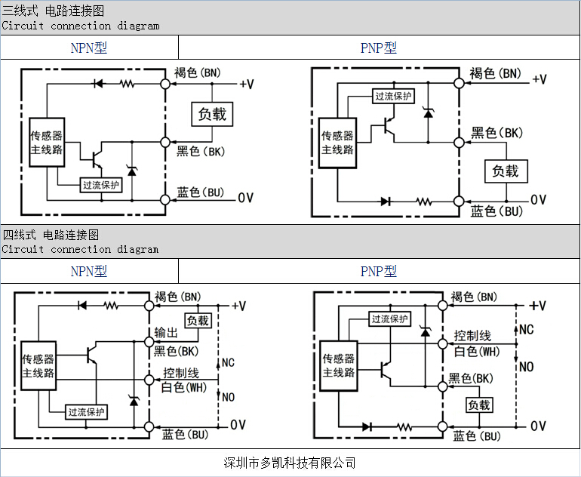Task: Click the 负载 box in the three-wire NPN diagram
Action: click(211, 114)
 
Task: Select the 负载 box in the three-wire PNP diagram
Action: click(506, 171)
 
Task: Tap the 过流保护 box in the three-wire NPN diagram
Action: click(101, 185)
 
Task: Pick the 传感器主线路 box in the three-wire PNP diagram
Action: click(337, 143)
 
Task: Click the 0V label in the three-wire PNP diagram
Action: click(538, 200)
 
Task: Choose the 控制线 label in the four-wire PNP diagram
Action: click(472, 336)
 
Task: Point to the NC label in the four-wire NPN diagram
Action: click(228, 362)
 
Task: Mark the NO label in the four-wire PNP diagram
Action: click(527, 366)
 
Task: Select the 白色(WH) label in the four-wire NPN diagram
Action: click(183, 387)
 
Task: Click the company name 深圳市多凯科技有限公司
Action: click(290, 462)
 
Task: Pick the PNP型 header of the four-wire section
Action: click(378, 271)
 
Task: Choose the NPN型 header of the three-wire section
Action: click(89, 48)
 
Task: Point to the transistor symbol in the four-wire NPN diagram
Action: click(92, 355)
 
